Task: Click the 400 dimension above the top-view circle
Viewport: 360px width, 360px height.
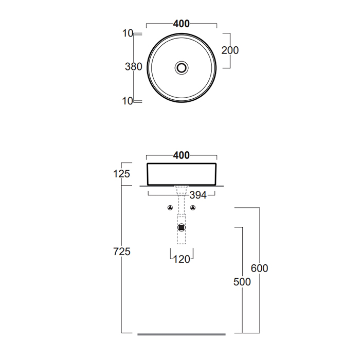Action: (182, 24)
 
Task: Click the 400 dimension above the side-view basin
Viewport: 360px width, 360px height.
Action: (182, 155)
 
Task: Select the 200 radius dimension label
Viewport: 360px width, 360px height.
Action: (230, 50)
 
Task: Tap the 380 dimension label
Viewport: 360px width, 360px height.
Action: (134, 66)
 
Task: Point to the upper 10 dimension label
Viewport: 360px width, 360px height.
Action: (128, 33)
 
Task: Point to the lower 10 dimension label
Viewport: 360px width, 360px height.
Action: (128, 101)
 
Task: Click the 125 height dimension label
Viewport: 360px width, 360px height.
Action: (122, 174)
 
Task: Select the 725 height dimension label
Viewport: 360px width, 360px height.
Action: (122, 251)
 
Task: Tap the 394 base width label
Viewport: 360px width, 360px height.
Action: (198, 195)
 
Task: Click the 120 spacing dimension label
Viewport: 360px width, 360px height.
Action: (182, 259)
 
